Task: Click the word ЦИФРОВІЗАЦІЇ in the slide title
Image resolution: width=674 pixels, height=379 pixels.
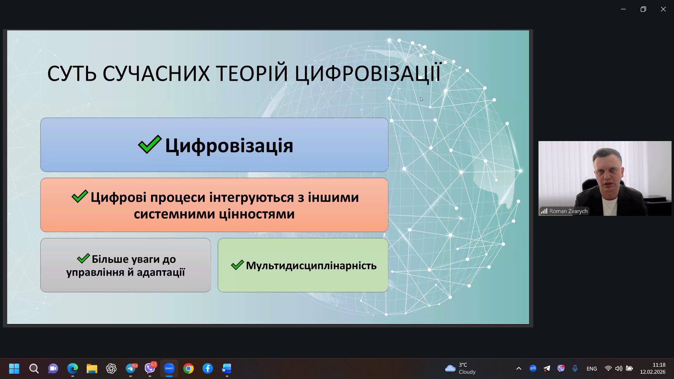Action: point(368,74)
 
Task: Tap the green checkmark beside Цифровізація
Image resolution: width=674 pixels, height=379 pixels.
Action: point(150,144)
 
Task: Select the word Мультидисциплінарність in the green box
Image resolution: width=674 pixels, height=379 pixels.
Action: point(311,266)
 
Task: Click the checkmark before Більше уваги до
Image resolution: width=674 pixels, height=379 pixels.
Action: point(83,259)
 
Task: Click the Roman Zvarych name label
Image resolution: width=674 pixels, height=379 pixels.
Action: point(568,211)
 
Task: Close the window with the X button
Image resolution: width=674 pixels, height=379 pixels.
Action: point(663,9)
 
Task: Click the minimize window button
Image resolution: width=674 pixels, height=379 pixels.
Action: point(623,9)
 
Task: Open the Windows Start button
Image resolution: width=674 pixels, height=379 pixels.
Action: point(14,368)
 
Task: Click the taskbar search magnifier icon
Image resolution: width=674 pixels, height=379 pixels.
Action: point(34,368)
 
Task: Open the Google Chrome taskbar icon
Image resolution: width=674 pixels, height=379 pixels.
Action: point(189,368)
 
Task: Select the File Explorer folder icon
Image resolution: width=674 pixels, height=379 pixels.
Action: point(92,368)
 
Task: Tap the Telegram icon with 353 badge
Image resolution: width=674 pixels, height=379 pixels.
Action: point(131,368)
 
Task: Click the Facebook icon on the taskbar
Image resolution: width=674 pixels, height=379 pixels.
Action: point(208,368)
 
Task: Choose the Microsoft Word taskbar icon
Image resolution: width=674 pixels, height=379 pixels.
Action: point(227,368)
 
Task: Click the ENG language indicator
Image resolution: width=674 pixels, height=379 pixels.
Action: point(592,368)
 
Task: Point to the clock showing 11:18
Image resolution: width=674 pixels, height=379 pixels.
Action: point(659,365)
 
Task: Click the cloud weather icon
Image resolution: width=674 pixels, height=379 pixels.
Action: point(450,368)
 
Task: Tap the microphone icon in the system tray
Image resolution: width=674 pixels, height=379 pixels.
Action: point(575,368)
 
